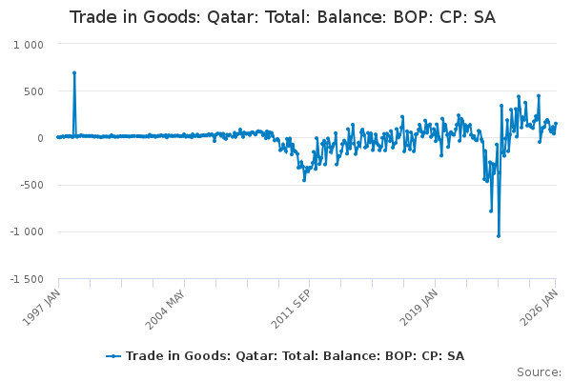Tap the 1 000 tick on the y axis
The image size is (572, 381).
click(29, 45)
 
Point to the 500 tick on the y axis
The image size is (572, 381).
click(33, 91)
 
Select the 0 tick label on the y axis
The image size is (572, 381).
click(41, 138)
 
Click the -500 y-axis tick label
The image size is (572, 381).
click(31, 185)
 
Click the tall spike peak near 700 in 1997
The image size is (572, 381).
click(74, 72)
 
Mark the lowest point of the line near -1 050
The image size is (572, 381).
click(499, 235)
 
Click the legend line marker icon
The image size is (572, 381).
click(114, 356)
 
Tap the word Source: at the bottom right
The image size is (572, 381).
click(539, 371)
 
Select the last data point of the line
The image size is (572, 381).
click(556, 124)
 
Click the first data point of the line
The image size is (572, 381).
click(58, 137)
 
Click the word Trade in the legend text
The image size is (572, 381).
click(145, 356)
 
